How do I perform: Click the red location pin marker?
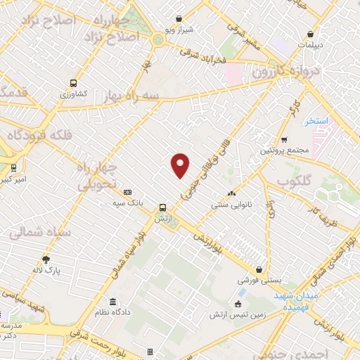(x=181, y=164)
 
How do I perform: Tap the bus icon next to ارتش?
(x=163, y=207)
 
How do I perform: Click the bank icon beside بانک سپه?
(x=127, y=192)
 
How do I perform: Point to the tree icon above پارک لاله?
(x=46, y=259)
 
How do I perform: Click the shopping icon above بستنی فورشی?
(x=259, y=269)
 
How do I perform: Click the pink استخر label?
(x=317, y=121)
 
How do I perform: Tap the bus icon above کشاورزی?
(x=74, y=81)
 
